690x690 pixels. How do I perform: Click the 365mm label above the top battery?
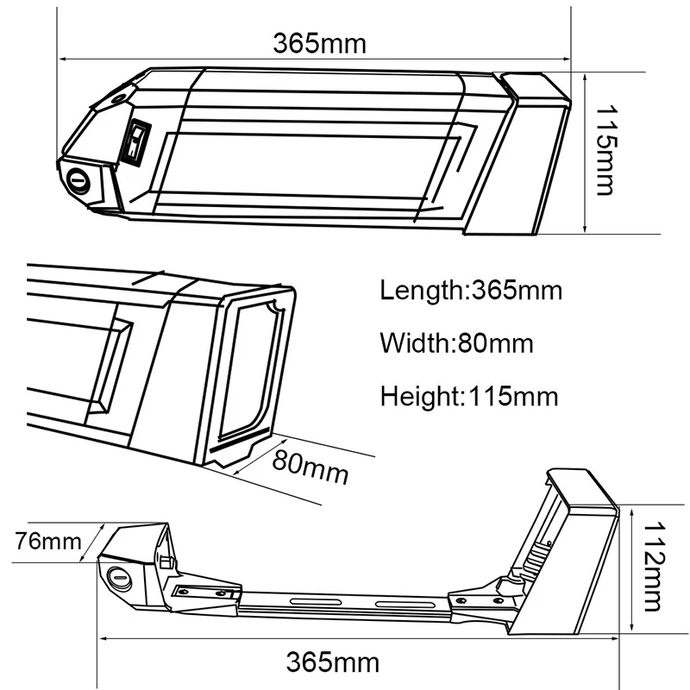[319, 44]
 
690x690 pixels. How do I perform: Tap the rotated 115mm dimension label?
[606, 149]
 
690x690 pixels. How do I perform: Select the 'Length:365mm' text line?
[471, 291]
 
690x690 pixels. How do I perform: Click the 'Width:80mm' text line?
[456, 343]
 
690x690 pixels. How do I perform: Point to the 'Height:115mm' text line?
[469, 396]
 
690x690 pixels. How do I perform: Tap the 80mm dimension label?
[310, 467]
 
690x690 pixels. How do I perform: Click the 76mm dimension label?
[48, 541]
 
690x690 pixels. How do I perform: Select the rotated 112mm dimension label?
[655, 567]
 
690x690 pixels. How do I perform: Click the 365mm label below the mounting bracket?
[333, 662]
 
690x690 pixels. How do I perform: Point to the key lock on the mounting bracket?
[119, 577]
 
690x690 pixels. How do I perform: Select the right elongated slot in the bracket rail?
[403, 604]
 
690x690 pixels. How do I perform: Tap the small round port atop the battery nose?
[119, 98]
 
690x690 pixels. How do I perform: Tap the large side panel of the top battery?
[308, 166]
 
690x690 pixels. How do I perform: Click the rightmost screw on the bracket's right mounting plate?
[499, 600]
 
